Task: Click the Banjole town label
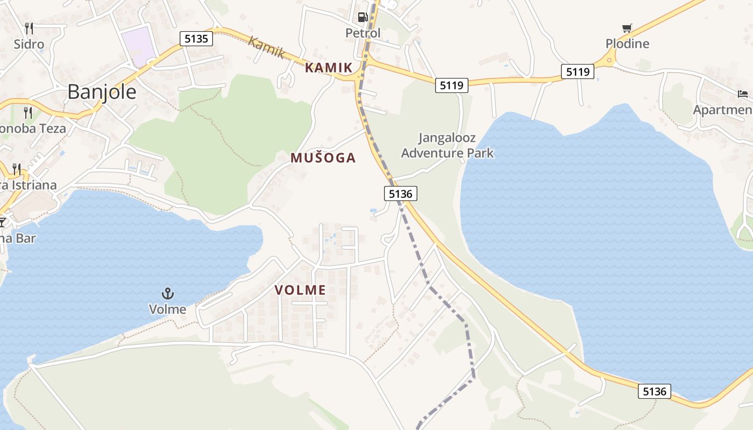coord(102,92)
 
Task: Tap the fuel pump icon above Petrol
coord(363,17)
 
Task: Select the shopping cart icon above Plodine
coord(627,28)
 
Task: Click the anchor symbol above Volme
coord(168,293)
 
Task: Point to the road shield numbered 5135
coord(196,39)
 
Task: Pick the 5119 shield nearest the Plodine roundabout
coord(577,71)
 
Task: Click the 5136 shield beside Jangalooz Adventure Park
coord(401,193)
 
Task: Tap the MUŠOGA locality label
coord(323,157)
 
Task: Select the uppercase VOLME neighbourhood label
coord(300,290)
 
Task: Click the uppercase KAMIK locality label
coord(328,68)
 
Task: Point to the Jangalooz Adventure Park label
coord(447,145)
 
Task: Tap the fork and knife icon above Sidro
coord(29,28)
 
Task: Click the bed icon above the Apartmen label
coord(743,94)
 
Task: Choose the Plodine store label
coord(627,44)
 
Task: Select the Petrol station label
coord(363,33)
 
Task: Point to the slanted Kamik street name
coord(266,47)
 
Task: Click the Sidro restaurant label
coord(29,44)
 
